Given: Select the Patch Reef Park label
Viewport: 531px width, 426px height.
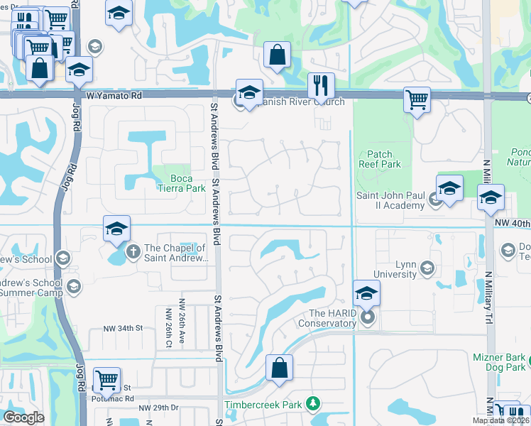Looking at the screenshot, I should (x=384, y=159).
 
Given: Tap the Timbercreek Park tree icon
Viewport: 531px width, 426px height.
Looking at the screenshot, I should (x=312, y=404).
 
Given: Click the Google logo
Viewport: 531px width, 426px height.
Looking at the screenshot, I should (x=23, y=417).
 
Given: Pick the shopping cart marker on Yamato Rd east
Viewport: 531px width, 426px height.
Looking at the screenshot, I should (x=417, y=99).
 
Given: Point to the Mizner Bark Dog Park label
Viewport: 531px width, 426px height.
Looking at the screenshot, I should (x=500, y=362).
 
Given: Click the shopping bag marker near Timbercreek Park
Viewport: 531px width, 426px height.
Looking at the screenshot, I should (x=279, y=368).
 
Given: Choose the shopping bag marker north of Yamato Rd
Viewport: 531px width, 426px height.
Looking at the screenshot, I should (x=276, y=55).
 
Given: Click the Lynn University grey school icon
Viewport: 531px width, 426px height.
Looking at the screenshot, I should (x=427, y=268).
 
